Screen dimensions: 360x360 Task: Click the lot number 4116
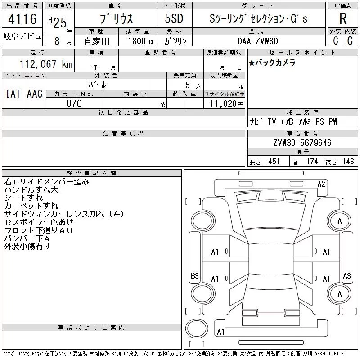pyautogui.click(x=22, y=19)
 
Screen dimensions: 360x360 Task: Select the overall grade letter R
pyautogui.click(x=343, y=18)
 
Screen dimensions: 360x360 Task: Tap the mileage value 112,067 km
pyautogui.click(x=46, y=64)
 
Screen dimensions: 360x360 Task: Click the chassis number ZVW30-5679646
pyautogui.click(x=302, y=143)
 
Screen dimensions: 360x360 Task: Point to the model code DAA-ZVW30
pyautogui.click(x=257, y=41)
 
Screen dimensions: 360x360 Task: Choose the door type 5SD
pyautogui.click(x=174, y=18)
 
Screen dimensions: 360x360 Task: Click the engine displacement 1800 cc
pyautogui.click(x=141, y=41)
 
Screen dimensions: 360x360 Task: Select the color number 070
pyautogui.click(x=74, y=103)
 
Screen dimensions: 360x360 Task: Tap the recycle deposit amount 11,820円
pyautogui.click(x=226, y=104)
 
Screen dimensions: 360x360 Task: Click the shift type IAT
pyautogui.click(x=13, y=94)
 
